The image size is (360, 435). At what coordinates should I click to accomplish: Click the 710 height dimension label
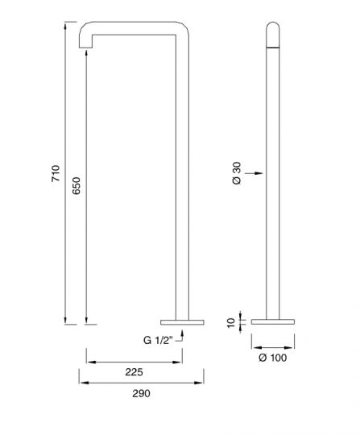tap(56, 173)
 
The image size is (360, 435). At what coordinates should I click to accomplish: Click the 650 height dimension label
tap(77, 185)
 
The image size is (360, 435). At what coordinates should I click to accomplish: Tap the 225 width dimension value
tap(134, 372)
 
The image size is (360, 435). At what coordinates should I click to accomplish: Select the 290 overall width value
tap(141, 393)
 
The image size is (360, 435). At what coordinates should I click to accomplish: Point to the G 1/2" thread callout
tap(158, 341)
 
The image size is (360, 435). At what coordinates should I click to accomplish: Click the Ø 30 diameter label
tap(237, 173)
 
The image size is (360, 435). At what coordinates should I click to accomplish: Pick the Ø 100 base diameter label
tap(273, 358)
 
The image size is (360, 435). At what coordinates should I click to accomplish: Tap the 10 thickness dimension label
tap(231, 323)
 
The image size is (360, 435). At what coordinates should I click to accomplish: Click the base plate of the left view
tap(182, 322)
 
